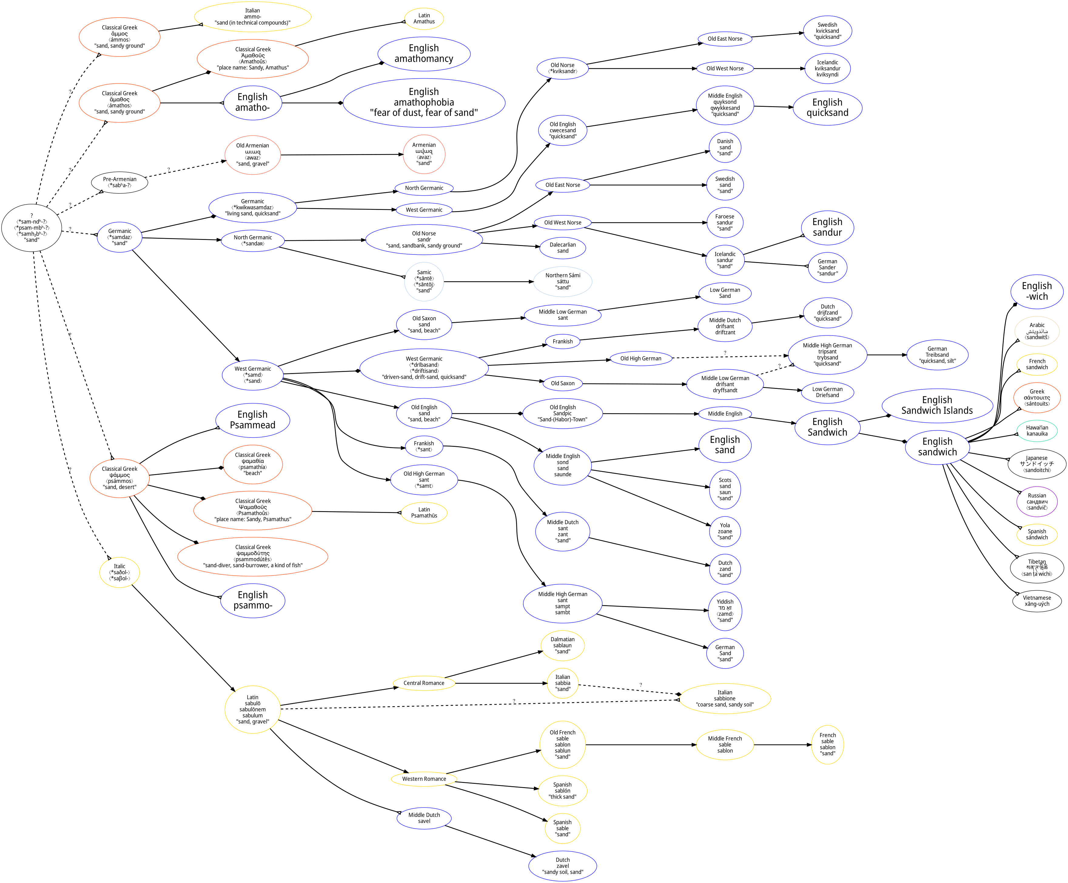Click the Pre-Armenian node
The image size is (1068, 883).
click(119, 182)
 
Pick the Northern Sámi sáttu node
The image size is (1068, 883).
click(563, 281)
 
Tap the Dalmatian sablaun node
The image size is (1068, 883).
click(563, 645)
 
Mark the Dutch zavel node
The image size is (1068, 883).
click(563, 866)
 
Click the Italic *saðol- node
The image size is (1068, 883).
click(119, 572)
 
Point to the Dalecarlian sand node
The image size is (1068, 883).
click(563, 248)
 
